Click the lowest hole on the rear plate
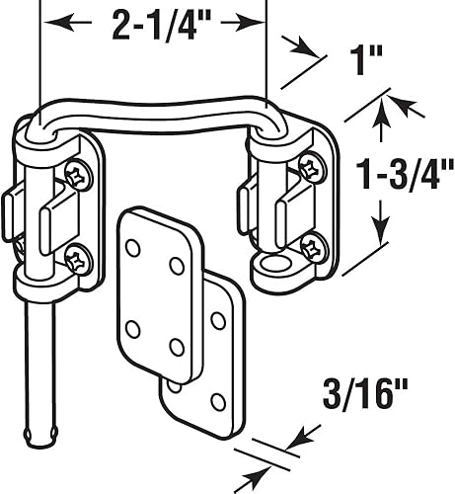click(x=218, y=401)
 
